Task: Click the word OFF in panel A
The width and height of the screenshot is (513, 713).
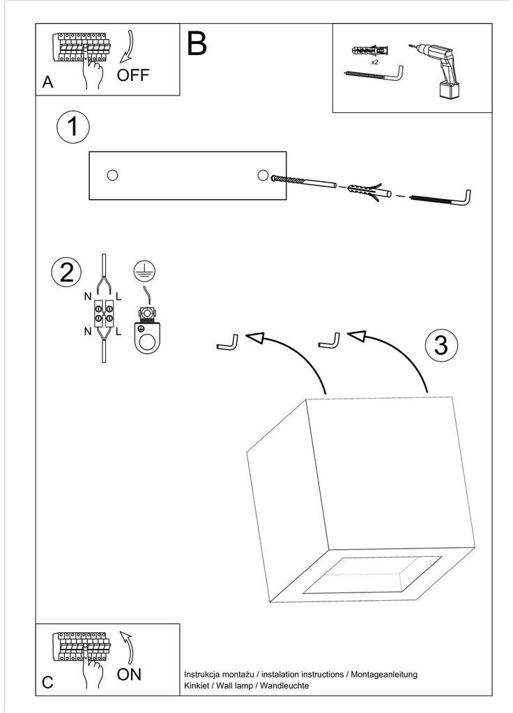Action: point(133,75)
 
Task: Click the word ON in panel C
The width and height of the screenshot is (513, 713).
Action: point(129,675)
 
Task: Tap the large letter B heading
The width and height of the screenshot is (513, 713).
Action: point(197,44)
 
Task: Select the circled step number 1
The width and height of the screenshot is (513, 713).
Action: point(72,127)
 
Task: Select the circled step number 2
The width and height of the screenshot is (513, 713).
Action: point(66,273)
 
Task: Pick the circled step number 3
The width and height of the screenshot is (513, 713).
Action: point(441,345)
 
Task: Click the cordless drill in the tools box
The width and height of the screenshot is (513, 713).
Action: point(436,70)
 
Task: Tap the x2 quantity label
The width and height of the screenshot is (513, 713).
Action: point(375,62)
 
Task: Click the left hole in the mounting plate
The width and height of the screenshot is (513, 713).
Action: point(112,175)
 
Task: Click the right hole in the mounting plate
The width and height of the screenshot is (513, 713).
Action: point(262,175)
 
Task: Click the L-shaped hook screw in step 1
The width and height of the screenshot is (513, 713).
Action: point(441,198)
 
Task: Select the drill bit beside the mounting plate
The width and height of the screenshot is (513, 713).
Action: point(303,181)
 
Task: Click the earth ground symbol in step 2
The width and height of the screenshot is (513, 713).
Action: point(144,271)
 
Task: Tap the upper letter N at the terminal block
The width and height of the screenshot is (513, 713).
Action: point(88,297)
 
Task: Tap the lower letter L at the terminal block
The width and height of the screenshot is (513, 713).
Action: point(118,332)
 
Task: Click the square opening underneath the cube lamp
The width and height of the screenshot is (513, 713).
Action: point(372,575)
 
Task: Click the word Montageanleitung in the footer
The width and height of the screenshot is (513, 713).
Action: point(384,675)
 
